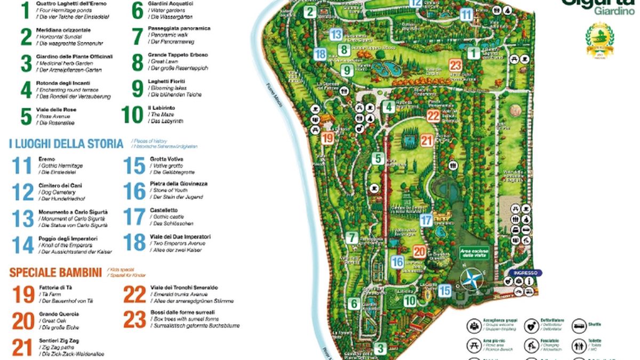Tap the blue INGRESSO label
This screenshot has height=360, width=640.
coord(525,273)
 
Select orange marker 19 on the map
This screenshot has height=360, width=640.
coord(328,138)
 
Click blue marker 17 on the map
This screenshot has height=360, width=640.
coord(426,220)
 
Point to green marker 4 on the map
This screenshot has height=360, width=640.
coord(389,107)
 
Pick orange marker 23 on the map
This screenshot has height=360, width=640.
coord(455,65)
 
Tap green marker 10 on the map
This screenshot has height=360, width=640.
coord(410,301)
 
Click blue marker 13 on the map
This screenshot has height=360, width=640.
coord(335,35)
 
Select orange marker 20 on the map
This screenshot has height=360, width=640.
coord(420,252)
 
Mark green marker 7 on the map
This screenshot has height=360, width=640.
coord(351,238)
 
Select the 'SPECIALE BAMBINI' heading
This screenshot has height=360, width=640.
coord(55,273)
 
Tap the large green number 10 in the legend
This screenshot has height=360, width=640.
coord(132,115)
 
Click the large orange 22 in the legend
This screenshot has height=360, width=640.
coord(134,294)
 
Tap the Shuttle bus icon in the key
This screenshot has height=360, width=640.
coord(579,326)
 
